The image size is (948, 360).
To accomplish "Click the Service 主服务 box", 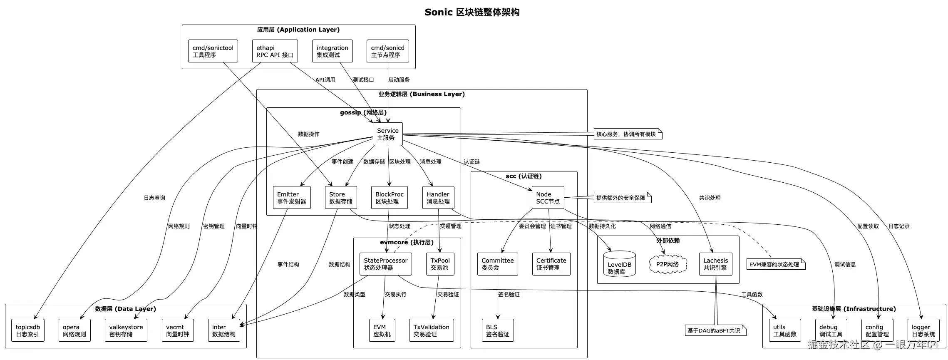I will (387, 134).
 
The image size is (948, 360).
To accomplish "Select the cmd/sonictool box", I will (213, 51).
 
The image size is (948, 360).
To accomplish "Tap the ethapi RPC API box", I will (275, 51).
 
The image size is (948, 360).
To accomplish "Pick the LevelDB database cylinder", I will (619, 264).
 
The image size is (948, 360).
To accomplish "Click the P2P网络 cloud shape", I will (668, 264).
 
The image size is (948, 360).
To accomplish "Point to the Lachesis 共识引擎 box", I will (715, 264).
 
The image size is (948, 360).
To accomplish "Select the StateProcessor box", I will (385, 264).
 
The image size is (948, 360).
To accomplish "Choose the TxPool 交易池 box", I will (440, 264).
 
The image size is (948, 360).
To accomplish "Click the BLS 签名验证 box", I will (497, 330).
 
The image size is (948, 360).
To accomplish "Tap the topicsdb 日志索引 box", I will (27, 330).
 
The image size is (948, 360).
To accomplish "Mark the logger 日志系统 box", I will (923, 330).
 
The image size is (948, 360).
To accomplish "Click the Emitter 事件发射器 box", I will (291, 198).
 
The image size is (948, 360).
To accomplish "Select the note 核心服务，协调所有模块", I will (627, 134).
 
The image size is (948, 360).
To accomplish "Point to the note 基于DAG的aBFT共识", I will (715, 330).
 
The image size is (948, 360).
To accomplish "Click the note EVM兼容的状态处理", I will (775, 264).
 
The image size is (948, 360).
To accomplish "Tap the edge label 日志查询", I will (154, 198).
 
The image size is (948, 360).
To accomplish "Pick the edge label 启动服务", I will (399, 79).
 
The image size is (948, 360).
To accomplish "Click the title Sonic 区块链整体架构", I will (472, 12).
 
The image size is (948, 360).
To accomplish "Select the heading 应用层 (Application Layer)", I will (298, 30).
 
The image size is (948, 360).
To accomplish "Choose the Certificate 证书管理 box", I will (551, 264).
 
